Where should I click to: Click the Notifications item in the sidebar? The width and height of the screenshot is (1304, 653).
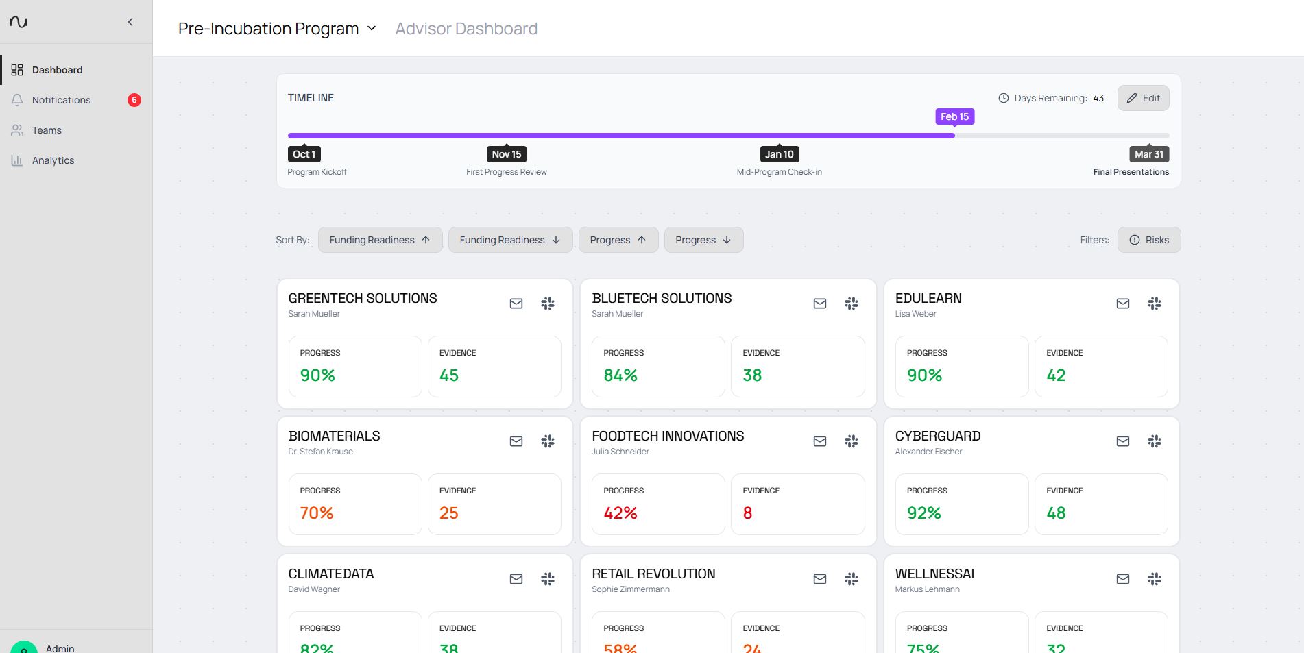(x=61, y=100)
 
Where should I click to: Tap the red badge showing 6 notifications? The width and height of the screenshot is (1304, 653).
(x=134, y=100)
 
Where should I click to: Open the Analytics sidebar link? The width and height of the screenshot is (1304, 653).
(x=53, y=160)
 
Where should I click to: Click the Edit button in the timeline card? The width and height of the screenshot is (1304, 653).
(x=1143, y=98)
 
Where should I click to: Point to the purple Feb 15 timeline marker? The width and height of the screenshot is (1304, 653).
(x=954, y=116)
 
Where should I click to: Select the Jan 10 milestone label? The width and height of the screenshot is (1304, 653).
(x=779, y=154)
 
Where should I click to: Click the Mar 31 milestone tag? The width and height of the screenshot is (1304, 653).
(x=1148, y=154)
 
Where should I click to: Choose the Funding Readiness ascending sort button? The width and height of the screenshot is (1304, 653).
(x=380, y=240)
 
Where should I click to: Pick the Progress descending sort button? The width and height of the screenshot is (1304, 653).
(x=703, y=240)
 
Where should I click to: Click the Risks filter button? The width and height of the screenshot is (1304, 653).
(x=1149, y=240)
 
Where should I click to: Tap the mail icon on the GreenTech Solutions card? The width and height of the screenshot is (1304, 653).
(x=516, y=304)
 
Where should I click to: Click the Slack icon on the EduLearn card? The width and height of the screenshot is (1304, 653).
(x=1155, y=304)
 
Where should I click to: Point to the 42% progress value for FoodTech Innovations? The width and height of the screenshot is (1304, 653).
(x=620, y=513)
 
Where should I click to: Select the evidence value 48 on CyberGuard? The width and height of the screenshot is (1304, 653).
(x=1056, y=513)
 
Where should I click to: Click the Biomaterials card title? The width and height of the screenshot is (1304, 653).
(x=334, y=436)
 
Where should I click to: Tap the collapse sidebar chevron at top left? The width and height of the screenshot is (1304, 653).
(x=130, y=22)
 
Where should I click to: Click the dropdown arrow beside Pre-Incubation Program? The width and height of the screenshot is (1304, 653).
(x=372, y=29)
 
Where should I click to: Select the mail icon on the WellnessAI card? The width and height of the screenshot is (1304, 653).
(x=1122, y=579)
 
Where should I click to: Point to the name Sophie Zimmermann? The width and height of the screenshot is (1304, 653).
(x=630, y=589)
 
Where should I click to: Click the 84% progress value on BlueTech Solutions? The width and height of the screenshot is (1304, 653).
(x=620, y=375)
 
